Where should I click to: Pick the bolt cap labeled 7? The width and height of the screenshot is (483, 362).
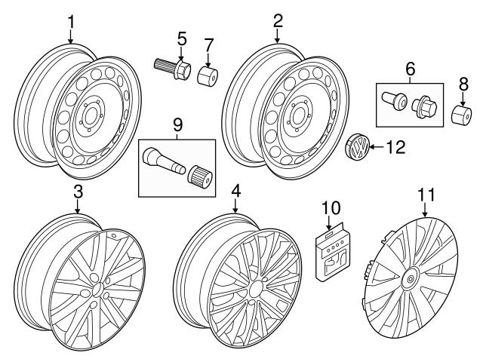click(x=208, y=78)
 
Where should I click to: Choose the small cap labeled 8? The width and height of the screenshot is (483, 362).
click(x=462, y=116)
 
